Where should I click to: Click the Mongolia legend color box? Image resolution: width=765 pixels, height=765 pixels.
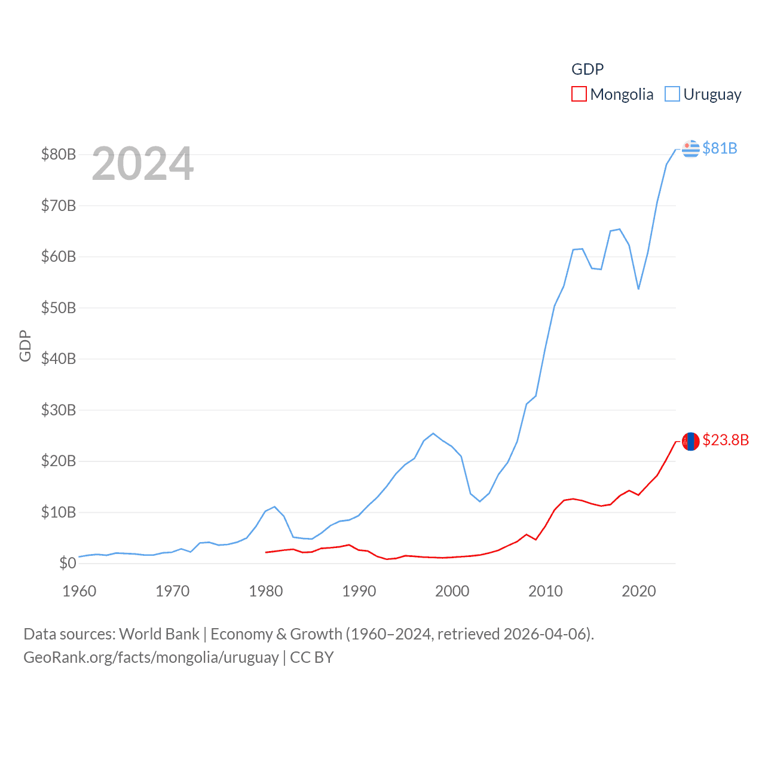pos(579,94)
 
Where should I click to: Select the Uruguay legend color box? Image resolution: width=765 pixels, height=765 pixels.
pos(672,94)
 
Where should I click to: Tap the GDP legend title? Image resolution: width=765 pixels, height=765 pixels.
pos(587,69)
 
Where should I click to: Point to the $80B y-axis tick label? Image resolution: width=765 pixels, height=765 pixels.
pos(59,154)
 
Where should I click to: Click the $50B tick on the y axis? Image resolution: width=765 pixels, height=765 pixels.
pos(59,308)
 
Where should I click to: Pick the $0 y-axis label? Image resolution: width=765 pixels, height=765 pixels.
pos(68,563)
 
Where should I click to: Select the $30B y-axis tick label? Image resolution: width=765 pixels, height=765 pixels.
pos(59,410)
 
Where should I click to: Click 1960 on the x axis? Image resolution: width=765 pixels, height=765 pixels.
pos(79,591)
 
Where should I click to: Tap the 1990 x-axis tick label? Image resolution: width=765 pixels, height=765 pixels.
pos(359,591)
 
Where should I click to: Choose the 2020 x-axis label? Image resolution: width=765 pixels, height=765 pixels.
pos(638,591)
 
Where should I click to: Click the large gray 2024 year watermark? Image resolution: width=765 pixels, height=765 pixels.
pos(143,164)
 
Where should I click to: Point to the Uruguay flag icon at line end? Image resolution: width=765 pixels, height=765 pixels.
pos(690,149)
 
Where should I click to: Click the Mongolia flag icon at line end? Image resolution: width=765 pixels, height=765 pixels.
pos(690,441)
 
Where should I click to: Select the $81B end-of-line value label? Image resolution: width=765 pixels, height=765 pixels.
pos(720,148)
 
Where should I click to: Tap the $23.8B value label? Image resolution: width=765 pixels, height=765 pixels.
pos(726,440)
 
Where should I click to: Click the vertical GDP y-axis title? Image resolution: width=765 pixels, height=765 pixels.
pos(25,345)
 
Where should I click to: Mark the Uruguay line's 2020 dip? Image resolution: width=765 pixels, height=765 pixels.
pos(638,289)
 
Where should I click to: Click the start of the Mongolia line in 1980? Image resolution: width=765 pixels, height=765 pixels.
pos(266,552)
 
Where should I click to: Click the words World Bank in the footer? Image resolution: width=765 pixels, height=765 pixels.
pos(159,634)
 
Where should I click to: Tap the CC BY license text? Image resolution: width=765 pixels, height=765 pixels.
pos(311,657)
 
